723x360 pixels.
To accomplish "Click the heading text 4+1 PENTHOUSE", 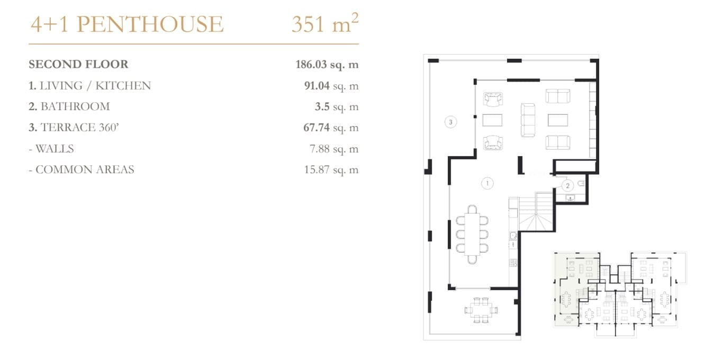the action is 127,24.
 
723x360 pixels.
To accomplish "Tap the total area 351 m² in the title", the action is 325,23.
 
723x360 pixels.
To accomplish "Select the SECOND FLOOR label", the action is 78,64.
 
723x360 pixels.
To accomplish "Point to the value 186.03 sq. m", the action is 327,65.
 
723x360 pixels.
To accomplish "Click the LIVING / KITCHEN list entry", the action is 90,86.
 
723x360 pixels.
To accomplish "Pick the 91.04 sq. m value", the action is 331,86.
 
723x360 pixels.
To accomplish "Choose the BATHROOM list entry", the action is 69,106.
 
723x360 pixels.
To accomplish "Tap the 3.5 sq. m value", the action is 337,107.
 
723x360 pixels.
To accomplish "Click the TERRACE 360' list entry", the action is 74,128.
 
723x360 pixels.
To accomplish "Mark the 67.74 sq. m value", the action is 331,128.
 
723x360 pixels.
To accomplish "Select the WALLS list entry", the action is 52,149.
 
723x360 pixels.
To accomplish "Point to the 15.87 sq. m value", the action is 331,170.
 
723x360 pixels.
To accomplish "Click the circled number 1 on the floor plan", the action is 487,183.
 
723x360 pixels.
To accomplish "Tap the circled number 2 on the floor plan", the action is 567,186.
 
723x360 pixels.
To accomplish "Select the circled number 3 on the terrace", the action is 450,122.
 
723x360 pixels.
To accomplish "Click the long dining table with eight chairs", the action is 472,235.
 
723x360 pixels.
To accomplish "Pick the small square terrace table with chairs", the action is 481,310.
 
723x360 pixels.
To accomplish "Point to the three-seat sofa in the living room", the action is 528,120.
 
